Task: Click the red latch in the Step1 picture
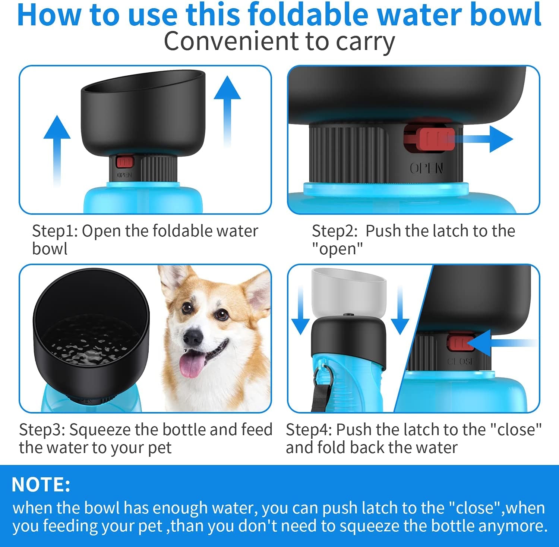(124, 162)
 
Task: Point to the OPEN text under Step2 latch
(426, 169)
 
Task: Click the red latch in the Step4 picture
(460, 343)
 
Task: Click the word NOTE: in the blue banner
(41, 485)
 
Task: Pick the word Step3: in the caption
(42, 430)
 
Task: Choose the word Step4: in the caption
(309, 430)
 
